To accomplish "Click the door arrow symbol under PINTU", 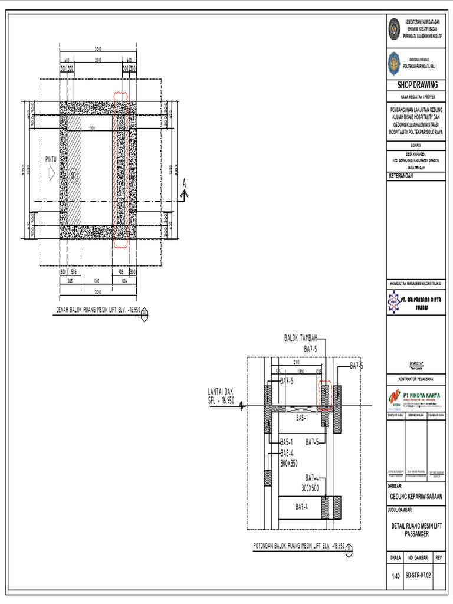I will pyautogui.click(x=51, y=173).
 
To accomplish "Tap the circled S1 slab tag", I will pyautogui.click(x=74, y=175).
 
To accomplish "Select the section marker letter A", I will pyautogui.click(x=184, y=183).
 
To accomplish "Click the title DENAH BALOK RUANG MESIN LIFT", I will pyautogui.click(x=99, y=309).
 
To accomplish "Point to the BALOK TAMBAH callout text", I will pyautogui.click(x=301, y=338).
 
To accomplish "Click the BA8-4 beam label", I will pyautogui.click(x=287, y=453).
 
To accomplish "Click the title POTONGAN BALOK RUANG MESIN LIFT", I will pyautogui.click(x=298, y=546).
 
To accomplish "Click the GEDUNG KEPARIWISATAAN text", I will pyautogui.click(x=417, y=497).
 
